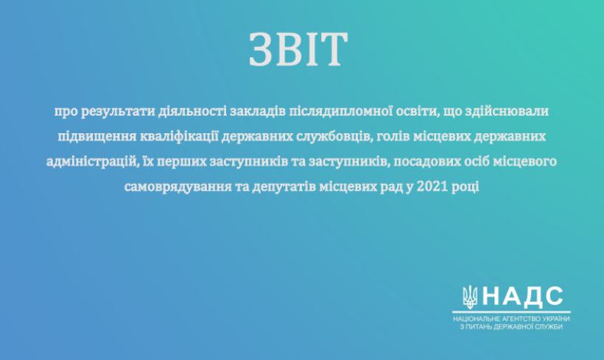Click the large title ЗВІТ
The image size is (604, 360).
[x=298, y=49]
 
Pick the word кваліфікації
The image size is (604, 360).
[x=179, y=137]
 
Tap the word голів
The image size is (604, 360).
[x=393, y=136]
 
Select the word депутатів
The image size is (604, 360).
[x=281, y=187]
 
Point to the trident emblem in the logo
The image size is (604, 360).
[x=469, y=297]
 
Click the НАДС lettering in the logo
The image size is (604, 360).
[x=523, y=297]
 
